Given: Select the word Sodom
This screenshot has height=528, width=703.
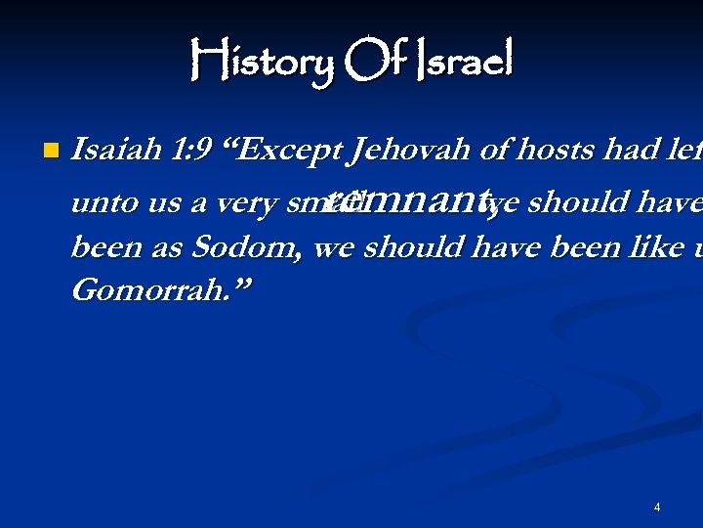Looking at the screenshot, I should pos(258,247).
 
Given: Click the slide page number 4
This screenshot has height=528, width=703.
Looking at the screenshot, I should pos(657,507).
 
